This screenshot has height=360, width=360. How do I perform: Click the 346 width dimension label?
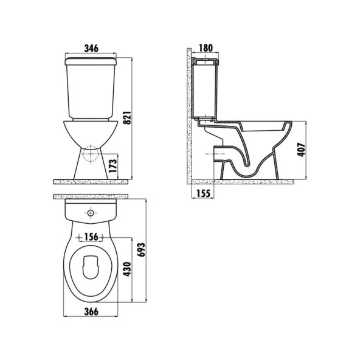pyautogui.click(x=91, y=49)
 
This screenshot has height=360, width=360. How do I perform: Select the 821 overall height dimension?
pyautogui.click(x=127, y=118)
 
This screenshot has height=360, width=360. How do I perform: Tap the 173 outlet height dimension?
pyautogui.click(x=113, y=166)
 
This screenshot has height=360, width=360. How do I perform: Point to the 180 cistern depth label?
pyautogui.click(x=206, y=48)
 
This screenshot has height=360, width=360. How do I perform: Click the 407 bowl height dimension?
pyautogui.click(x=302, y=150)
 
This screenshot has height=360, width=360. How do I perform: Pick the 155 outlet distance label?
pyautogui.click(x=204, y=193)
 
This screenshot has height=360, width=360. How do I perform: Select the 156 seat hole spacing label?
pyautogui.click(x=91, y=237)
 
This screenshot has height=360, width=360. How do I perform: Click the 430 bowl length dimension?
pyautogui.click(x=127, y=269)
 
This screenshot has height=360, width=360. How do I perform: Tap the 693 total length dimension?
pyautogui.click(x=141, y=250)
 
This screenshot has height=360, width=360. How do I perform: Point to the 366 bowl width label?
pyautogui.click(x=91, y=311)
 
